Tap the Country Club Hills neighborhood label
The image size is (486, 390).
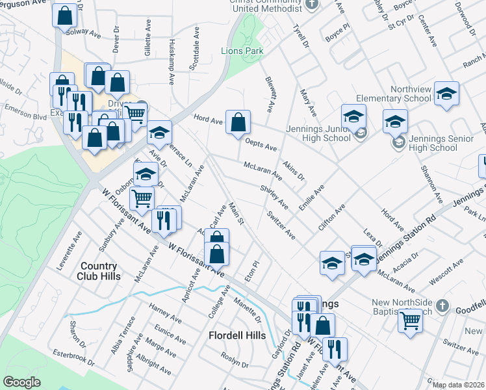[x=99, y=271]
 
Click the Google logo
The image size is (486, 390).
[x=22, y=382]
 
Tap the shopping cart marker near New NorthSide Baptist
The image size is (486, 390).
[x=410, y=320]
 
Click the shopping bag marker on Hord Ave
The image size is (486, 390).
[x=238, y=122]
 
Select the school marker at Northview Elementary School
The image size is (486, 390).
[x=446, y=93]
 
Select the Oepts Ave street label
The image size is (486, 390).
[x=262, y=142]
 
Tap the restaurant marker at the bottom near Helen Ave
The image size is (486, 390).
[x=335, y=349]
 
